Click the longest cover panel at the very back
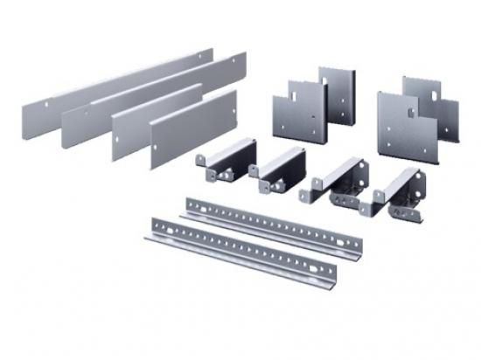[114, 84]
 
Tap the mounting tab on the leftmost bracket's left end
[200, 160]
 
